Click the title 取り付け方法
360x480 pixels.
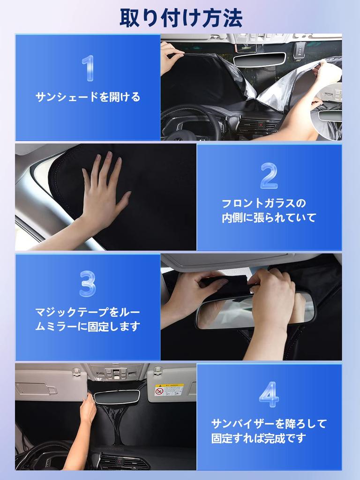(181, 18)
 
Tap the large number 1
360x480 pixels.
(88, 68)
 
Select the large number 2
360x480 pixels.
(269, 176)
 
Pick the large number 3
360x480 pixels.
(88, 283)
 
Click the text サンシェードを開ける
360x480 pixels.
(88, 97)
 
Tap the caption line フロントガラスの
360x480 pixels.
(263, 203)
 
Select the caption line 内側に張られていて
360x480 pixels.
(269, 218)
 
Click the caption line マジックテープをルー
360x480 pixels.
(88, 312)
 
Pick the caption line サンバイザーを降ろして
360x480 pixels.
(269, 424)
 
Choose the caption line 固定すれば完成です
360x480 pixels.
(258, 439)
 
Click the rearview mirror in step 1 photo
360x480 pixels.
(259, 59)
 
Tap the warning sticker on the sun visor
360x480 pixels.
(169, 390)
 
